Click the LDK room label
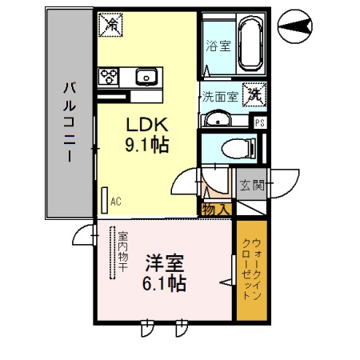coord(146,125)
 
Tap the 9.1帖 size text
coord(146,146)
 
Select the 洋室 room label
coord(166,262)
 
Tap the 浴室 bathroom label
coord(218,45)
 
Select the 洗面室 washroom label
coord(218,97)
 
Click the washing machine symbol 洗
coord(254,94)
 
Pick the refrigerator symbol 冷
coord(110,25)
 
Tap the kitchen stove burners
coord(109,77)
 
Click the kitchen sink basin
coord(146,77)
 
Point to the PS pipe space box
coord(259,122)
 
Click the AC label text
coord(115,202)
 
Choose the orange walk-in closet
coord(254,272)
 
